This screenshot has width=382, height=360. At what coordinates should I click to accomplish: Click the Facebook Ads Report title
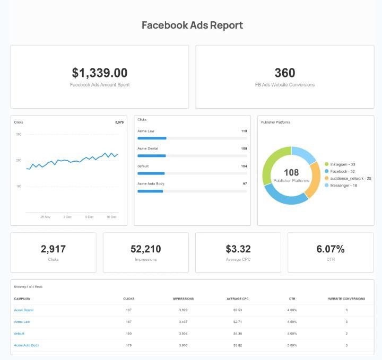coord(192,25)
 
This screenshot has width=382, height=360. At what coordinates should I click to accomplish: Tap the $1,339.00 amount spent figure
coord(100,73)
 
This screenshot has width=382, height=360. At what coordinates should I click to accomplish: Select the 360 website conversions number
coord(285,73)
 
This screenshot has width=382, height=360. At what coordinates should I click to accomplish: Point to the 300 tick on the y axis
coord(19,134)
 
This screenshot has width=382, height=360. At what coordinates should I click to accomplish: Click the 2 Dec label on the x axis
coord(67,217)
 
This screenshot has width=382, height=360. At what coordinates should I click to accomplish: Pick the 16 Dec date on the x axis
coord(111,217)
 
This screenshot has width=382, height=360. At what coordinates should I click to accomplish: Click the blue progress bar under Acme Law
coord(152,138)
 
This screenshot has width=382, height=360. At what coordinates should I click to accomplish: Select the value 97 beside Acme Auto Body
coord(245,183)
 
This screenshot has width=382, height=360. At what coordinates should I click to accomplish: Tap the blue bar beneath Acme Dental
coord(152,156)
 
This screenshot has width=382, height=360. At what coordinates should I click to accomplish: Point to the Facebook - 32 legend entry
coord(342,171)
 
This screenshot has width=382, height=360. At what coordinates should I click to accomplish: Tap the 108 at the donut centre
coord(291,172)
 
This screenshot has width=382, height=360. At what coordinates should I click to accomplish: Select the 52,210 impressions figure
coord(146,249)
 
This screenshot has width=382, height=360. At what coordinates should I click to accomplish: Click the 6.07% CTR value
coord(331,249)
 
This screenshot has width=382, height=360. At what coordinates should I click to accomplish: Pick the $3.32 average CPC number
coord(238,249)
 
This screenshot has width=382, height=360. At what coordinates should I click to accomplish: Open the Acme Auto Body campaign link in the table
coord(26,345)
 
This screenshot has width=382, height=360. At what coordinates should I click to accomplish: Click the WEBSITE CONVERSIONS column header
coord(346,298)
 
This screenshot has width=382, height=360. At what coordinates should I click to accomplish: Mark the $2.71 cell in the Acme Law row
coord(238,322)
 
